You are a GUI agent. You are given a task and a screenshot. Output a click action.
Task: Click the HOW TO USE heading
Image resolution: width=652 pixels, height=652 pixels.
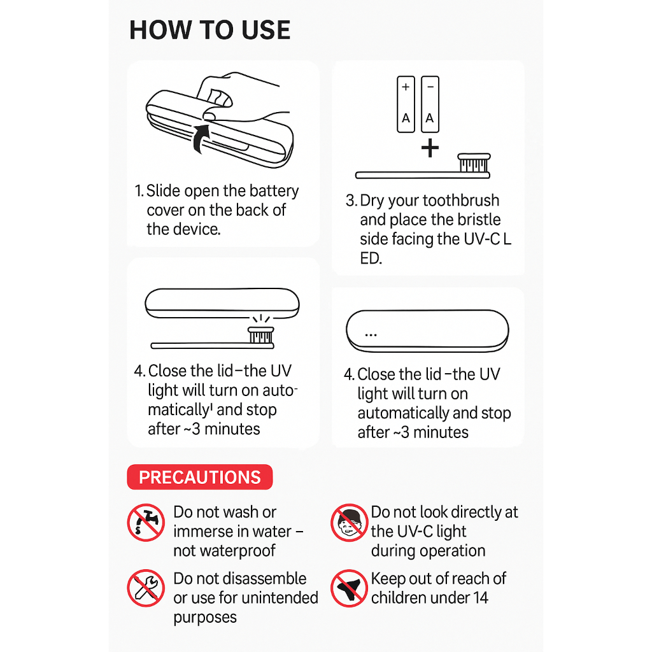(x=209, y=30)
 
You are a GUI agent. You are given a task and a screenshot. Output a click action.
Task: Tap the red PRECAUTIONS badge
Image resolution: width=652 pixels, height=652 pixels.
(x=199, y=477)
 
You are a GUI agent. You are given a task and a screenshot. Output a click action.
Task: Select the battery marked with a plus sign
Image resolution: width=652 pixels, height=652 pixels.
(x=406, y=104)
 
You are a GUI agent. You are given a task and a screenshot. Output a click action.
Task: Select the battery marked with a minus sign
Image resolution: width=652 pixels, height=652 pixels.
(x=430, y=104)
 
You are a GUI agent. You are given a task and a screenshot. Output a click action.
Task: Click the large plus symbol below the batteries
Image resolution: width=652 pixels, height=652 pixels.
(x=430, y=148)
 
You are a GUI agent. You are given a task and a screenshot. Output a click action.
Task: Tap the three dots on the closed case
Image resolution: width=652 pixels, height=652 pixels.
(x=371, y=335)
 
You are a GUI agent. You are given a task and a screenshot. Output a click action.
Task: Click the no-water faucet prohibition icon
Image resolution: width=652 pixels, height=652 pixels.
(x=146, y=523)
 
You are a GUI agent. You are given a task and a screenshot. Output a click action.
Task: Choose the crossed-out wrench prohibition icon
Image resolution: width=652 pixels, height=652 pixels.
(x=146, y=588)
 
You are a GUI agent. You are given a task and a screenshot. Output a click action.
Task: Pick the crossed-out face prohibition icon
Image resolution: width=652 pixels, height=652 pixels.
(x=350, y=523)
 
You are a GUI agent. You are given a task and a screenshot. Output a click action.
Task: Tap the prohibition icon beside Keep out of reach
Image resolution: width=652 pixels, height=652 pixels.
(x=350, y=588)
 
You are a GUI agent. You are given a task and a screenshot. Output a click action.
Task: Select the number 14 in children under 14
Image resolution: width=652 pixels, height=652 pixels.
(x=480, y=598)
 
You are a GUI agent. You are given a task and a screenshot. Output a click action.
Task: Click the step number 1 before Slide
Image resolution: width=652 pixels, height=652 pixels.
(x=138, y=191)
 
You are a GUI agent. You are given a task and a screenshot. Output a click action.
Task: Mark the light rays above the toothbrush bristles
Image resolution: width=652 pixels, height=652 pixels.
(x=261, y=319)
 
